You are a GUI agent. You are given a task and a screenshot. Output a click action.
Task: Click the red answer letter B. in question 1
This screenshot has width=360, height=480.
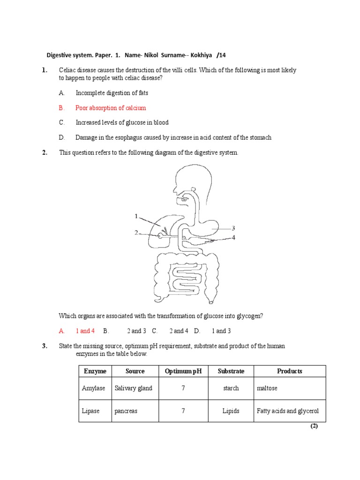tap(61, 108)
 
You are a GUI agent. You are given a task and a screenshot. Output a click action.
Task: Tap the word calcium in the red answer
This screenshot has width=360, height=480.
tap(134, 108)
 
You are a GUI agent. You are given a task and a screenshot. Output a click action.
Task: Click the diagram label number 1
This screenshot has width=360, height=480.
tap(136, 216)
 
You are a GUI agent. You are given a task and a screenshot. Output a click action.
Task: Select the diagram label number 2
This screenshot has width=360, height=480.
tap(136, 232)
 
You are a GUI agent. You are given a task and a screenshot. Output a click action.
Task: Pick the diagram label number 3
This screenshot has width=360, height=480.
tap(233, 228)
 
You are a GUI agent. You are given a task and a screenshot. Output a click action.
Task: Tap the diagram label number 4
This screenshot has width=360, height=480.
tap(233, 238)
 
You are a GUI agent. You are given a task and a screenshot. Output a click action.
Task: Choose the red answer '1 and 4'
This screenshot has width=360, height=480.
tap(85, 331)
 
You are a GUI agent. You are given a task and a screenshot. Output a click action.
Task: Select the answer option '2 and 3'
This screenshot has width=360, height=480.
tap(136, 331)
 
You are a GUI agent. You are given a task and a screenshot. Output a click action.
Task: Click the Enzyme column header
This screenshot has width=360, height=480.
tap(95, 371)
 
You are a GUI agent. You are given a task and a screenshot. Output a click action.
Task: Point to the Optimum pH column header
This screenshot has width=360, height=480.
tap(183, 371)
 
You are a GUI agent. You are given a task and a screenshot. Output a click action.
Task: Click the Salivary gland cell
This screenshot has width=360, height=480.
tap(133, 388)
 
